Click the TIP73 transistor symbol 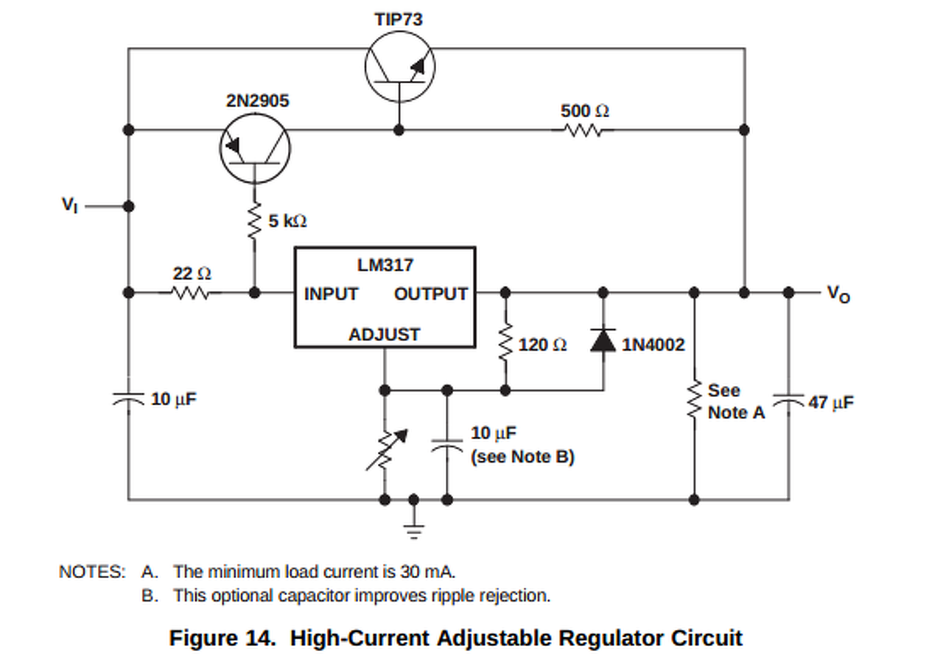[x=400, y=67]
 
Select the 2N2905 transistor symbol [x=255, y=150]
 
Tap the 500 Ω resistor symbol [x=583, y=130]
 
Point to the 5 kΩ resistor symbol [x=256, y=221]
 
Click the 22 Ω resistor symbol [x=191, y=292]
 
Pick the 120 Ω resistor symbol [x=505, y=345]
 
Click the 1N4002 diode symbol [x=604, y=340]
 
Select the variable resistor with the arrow [x=385, y=448]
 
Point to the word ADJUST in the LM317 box [x=384, y=334]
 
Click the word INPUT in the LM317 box [x=331, y=294]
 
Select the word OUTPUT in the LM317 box [x=431, y=294]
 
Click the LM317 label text [x=385, y=265]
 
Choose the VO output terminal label [x=838, y=294]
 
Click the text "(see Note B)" [x=522, y=457]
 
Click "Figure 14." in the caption [x=222, y=638]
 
